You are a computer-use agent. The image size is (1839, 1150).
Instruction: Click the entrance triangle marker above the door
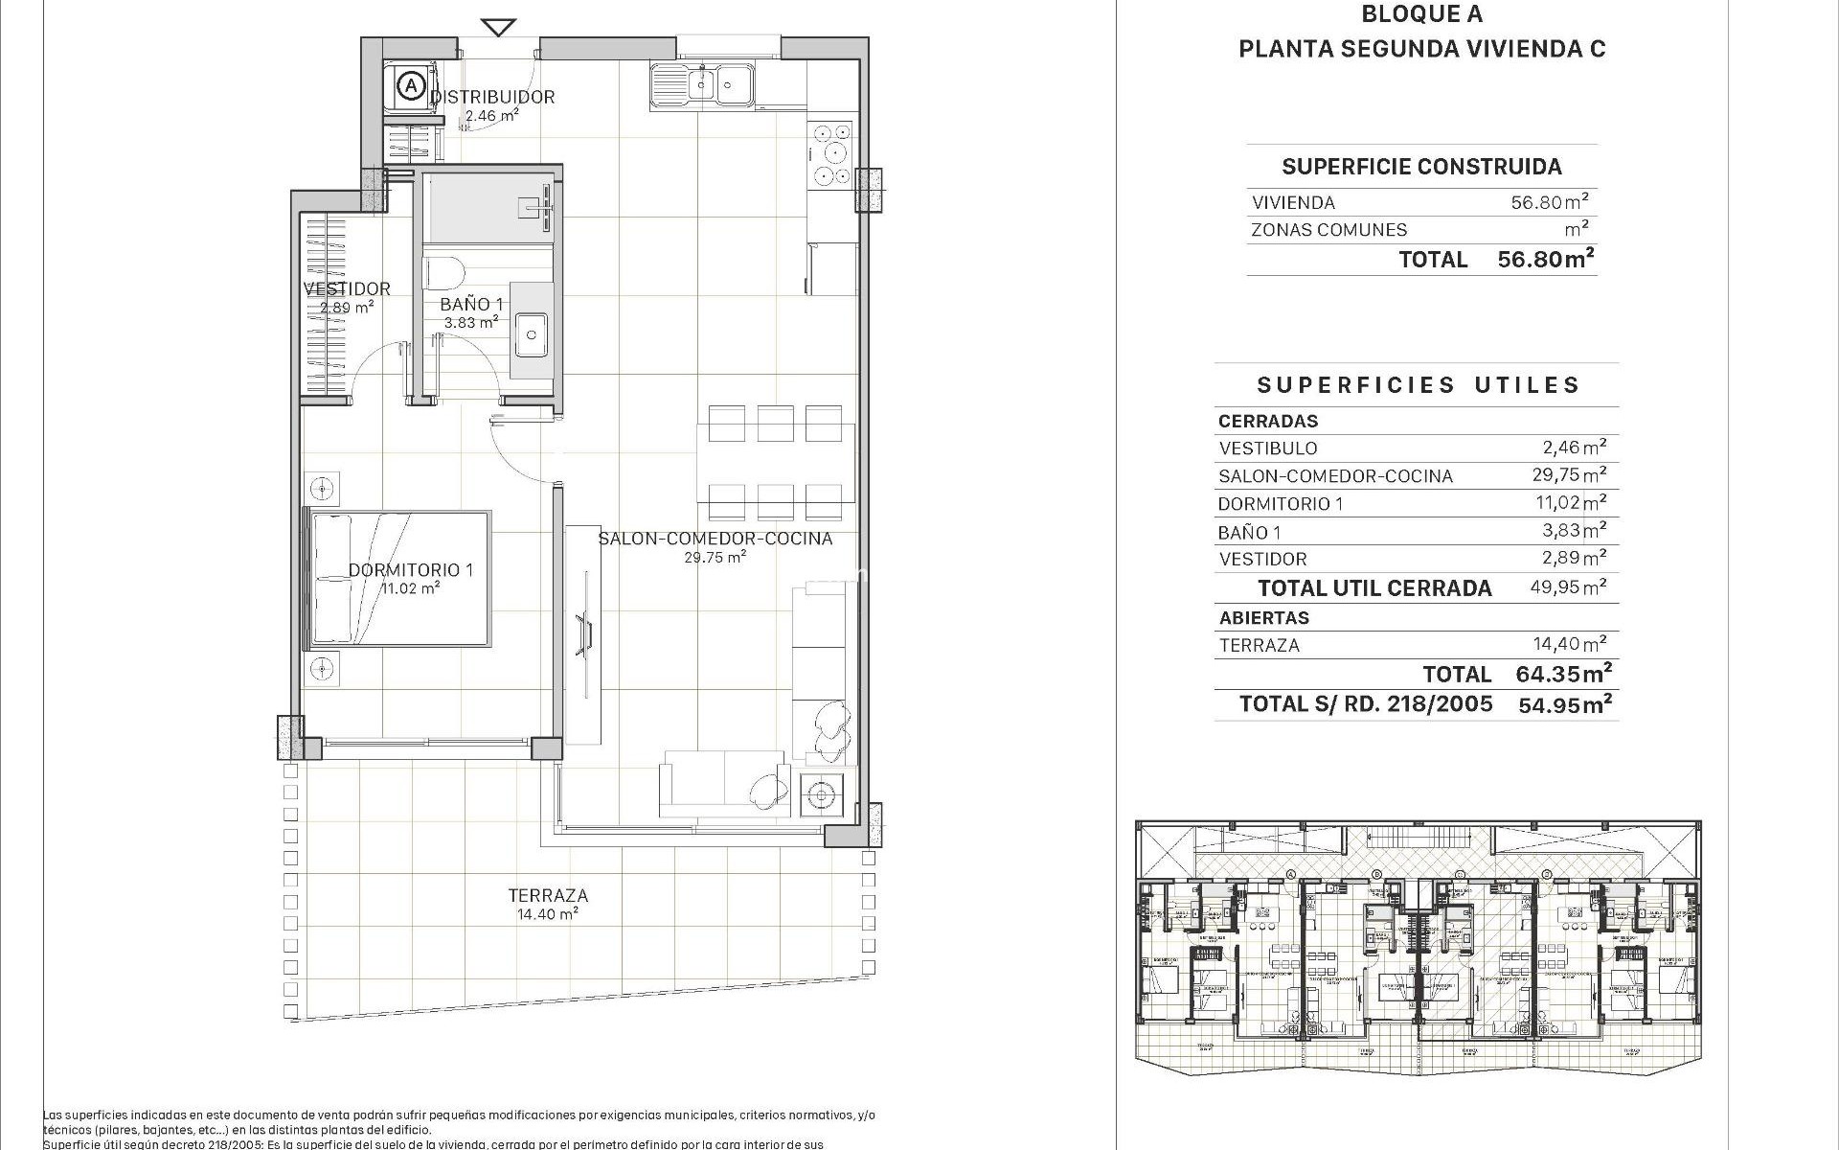498,27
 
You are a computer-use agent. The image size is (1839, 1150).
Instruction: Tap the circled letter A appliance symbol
411,86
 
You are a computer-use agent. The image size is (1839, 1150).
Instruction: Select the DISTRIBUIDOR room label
492,97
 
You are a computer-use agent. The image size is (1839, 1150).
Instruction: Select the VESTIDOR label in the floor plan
347,288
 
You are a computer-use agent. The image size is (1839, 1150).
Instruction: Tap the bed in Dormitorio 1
397,578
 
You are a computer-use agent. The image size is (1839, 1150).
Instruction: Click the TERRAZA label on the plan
548,895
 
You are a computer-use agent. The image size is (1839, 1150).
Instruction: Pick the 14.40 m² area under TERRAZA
548,914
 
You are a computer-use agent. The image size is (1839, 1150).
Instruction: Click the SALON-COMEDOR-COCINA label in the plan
715,539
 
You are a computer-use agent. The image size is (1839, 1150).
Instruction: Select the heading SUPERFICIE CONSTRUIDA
1421,167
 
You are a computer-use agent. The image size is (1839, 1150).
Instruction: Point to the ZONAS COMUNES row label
1328,230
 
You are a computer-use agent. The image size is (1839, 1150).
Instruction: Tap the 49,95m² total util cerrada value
1568,587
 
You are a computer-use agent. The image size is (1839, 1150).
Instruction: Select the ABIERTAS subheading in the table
1263,618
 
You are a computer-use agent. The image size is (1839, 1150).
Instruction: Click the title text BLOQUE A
1421,13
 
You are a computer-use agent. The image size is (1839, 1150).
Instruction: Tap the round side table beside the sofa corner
820,793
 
